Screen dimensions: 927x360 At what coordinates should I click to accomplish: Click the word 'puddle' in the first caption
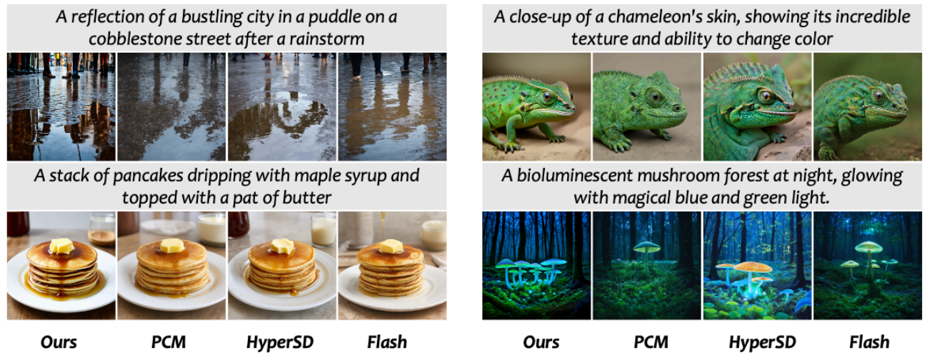(333, 17)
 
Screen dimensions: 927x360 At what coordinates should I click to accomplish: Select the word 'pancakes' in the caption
(148, 176)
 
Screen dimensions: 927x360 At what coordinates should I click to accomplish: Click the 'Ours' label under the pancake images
(59, 342)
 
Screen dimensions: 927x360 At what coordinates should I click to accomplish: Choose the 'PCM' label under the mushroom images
(651, 342)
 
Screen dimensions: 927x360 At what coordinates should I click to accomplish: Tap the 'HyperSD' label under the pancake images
(280, 343)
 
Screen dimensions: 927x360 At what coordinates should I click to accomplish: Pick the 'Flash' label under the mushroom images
(869, 342)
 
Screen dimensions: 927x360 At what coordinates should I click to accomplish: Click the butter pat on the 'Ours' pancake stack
(61, 246)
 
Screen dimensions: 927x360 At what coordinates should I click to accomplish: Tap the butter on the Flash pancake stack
(391, 246)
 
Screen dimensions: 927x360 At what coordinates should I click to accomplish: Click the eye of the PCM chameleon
(655, 97)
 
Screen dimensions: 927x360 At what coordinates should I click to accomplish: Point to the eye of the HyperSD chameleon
(766, 96)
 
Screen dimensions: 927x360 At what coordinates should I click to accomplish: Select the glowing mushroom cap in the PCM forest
(647, 247)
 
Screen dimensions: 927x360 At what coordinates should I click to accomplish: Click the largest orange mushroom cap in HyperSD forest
(753, 267)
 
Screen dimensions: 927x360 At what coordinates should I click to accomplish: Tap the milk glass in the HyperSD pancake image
(324, 229)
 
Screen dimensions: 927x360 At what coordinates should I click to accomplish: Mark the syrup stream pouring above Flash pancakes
(384, 226)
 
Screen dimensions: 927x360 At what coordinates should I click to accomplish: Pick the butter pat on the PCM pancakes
(171, 246)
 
